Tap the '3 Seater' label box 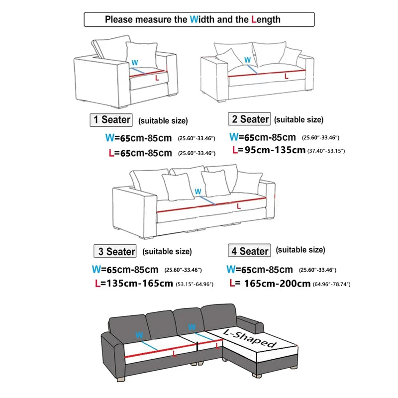click(x=115, y=251)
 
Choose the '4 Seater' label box click(x=249, y=251)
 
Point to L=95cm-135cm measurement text click(x=269, y=150)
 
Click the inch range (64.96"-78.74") click(x=332, y=284)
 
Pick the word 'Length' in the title click(x=266, y=20)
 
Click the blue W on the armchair click(x=134, y=63)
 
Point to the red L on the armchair click(x=157, y=78)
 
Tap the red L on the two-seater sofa click(x=286, y=76)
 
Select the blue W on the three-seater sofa click(x=198, y=192)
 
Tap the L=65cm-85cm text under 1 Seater click(x=140, y=153)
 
